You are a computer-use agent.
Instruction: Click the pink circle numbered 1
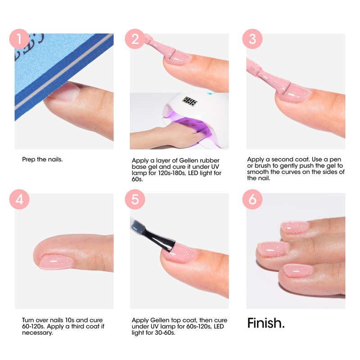click(x=19, y=39)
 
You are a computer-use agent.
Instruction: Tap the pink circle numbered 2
click(x=135, y=39)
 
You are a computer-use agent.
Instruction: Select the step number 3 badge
click(x=252, y=39)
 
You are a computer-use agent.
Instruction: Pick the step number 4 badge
click(x=19, y=199)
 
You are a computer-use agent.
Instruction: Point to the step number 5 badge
click(x=135, y=199)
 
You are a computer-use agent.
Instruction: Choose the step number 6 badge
click(x=252, y=199)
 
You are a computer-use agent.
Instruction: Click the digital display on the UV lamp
click(x=190, y=101)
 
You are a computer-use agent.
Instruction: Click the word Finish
click(x=266, y=323)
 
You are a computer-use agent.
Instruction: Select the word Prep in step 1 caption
click(x=28, y=160)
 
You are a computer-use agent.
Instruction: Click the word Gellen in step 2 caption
click(x=189, y=161)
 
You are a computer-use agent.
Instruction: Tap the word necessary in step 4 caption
click(x=37, y=333)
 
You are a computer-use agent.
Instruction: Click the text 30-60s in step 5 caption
click(x=165, y=333)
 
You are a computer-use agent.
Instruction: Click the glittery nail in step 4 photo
click(x=56, y=261)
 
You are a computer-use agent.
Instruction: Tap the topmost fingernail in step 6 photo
click(x=295, y=227)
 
